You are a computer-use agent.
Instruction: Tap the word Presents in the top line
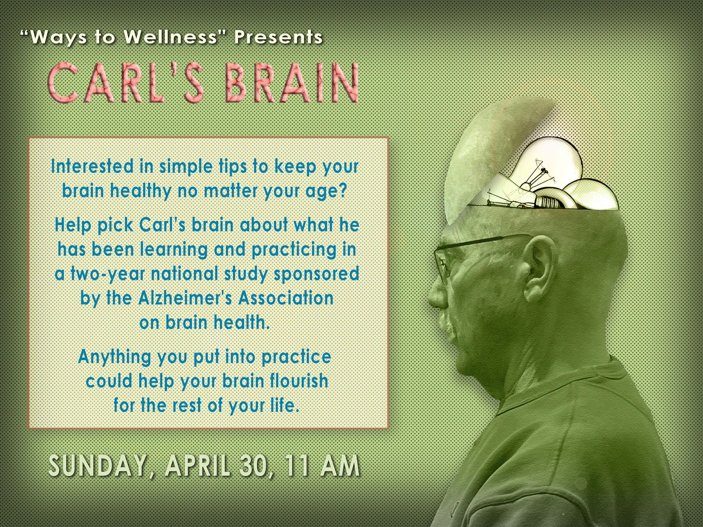point(278,37)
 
